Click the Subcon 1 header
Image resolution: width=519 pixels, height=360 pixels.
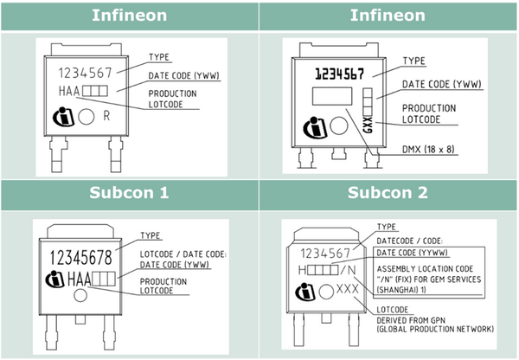click(130, 191)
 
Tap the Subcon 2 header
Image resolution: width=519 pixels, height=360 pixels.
click(388, 191)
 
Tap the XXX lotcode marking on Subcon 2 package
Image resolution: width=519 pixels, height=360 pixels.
click(346, 288)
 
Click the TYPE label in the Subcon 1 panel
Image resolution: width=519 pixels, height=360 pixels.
click(151, 235)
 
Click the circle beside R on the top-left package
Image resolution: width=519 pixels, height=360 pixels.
click(86, 115)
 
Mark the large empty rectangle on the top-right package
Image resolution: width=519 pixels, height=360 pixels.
click(334, 97)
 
